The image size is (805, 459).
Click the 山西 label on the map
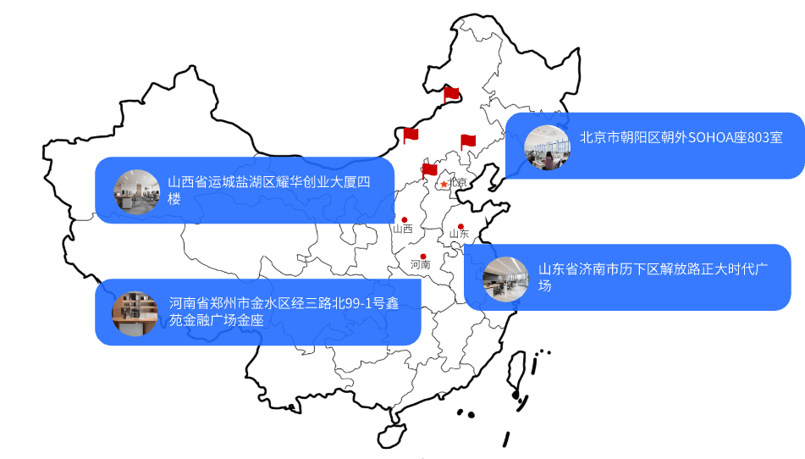click(403, 229)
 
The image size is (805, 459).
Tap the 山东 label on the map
click(459, 234)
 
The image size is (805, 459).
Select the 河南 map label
click(420, 264)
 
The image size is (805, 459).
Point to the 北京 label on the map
click(457, 182)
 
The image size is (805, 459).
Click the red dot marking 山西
click(404, 219)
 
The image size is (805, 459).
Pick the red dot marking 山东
click(460, 226)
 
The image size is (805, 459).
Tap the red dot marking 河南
click(423, 257)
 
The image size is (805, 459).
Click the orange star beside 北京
click(444, 184)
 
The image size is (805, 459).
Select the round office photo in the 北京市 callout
click(548, 147)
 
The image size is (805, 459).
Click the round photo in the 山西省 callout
click(136, 191)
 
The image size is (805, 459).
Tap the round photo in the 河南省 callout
click(135, 313)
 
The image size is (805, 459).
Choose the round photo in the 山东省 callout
click(505, 279)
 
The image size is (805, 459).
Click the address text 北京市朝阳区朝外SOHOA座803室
click(681, 137)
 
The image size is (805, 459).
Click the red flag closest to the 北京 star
click(429, 171)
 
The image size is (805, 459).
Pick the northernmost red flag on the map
click(451, 95)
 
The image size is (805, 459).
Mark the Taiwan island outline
click(516, 375)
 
